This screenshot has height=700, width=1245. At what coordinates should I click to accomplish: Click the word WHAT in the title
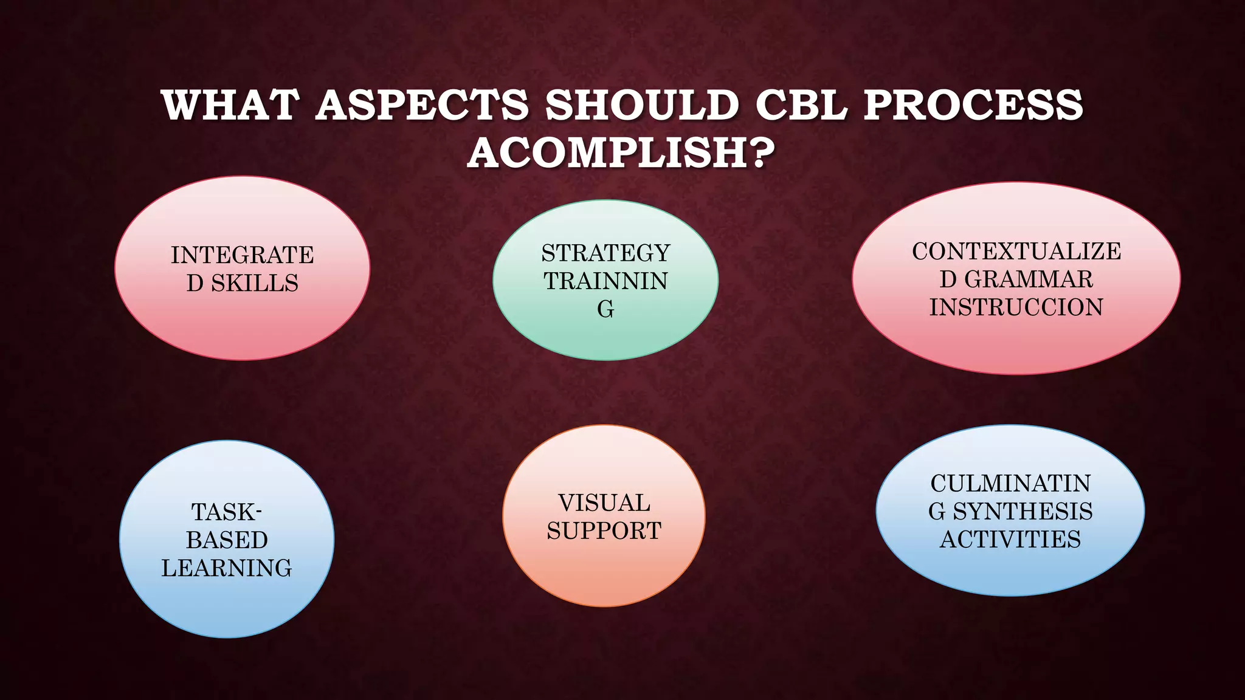coord(231,105)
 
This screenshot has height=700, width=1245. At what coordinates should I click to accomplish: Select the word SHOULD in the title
coord(642,105)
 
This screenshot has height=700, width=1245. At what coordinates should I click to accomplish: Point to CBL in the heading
coord(801,105)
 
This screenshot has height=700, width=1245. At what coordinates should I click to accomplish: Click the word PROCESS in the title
coord(973,105)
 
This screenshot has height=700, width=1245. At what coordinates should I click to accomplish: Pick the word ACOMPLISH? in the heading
coord(621,153)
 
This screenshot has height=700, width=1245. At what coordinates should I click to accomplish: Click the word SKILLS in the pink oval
coord(255,283)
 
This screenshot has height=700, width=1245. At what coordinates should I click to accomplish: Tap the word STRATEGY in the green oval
coord(605,253)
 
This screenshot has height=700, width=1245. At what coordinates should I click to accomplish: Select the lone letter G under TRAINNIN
coord(605,309)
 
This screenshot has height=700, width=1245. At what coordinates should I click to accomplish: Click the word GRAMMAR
coord(1029,280)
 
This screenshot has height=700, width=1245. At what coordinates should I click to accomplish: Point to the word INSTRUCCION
coord(1016,307)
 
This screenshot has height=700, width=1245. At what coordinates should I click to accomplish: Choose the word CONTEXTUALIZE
coord(1016,252)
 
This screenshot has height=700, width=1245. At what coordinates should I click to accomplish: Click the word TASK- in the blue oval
coord(227,512)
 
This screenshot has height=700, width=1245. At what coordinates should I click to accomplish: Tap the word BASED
coord(227,540)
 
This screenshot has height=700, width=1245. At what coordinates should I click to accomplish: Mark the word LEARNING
coord(227,568)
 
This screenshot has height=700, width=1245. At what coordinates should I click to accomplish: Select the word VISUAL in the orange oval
coord(604,503)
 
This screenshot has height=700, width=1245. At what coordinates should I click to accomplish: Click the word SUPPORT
coord(604,531)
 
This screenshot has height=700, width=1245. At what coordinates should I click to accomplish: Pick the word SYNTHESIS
coord(1023,512)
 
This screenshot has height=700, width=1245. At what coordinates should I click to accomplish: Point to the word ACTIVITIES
coord(1010,540)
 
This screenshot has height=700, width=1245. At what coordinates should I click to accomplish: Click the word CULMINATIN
coord(1010,484)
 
